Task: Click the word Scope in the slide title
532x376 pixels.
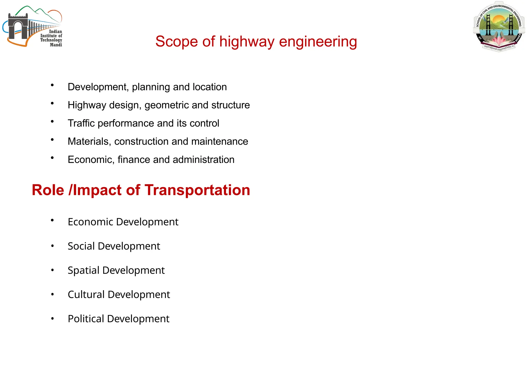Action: point(176,42)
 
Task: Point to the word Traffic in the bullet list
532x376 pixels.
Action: point(81,123)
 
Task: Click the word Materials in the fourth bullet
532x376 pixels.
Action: point(89,141)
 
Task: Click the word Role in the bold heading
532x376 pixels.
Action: point(48,190)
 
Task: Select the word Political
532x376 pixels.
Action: point(86,319)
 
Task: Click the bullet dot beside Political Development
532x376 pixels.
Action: point(52,319)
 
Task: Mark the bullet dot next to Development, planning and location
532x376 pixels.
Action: point(52,85)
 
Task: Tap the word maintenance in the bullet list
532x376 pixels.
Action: point(220,141)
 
